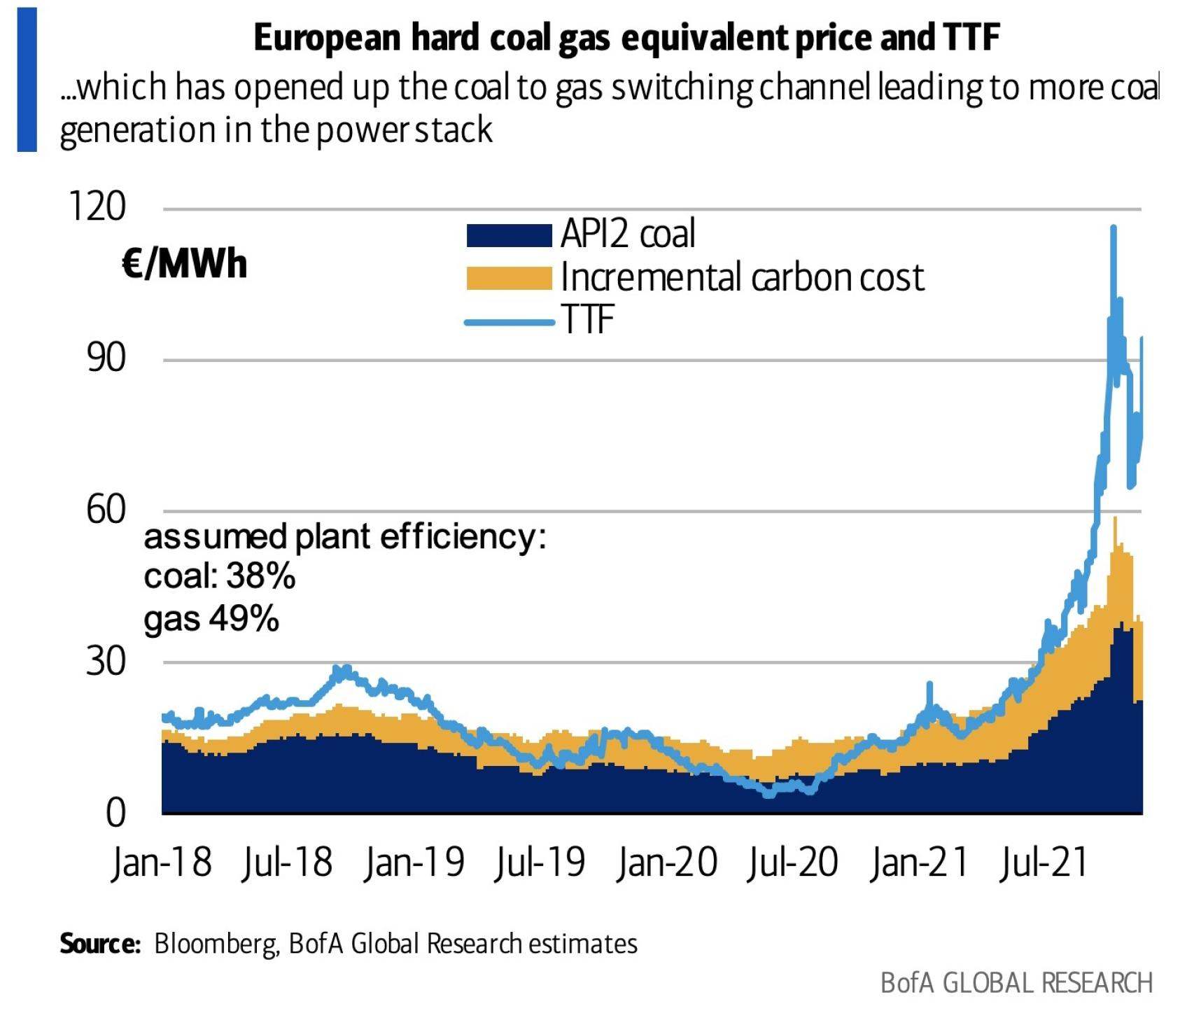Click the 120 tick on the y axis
[97, 207]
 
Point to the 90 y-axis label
[106, 358]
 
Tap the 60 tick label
[106, 509]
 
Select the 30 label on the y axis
[106, 660]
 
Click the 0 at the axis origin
[115, 813]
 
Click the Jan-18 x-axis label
[161, 863]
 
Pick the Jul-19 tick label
[540, 863]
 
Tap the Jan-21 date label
[919, 863]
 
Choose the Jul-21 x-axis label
[1044, 863]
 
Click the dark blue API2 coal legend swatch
[509, 235]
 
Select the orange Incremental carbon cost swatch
[509, 278]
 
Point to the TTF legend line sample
[509, 322]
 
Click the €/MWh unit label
[184, 265]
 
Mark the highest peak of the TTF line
[1113, 228]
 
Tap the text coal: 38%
[219, 577]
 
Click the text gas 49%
[211, 619]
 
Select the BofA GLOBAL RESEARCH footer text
[1016, 983]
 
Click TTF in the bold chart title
[971, 37]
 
